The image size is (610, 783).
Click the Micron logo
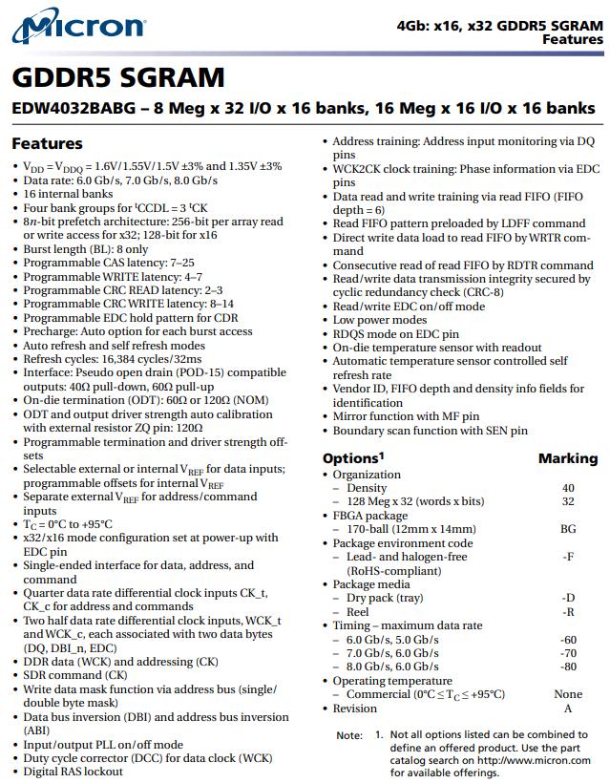[78, 31]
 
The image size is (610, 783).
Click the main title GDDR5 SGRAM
[118, 77]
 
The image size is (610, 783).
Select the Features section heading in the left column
[47, 143]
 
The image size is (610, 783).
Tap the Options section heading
[353, 457]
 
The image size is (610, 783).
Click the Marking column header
[567, 458]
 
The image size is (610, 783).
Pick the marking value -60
[568, 640]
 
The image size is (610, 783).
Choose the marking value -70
[568, 653]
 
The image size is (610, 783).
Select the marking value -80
[568, 667]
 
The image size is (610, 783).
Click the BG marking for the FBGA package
[568, 529]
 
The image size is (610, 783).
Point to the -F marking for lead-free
[568, 557]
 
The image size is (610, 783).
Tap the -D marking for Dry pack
[568, 599]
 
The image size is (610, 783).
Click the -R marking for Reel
[568, 612]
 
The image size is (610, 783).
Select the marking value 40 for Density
[568, 488]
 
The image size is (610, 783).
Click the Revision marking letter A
[568, 709]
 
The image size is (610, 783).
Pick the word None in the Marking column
[568, 694]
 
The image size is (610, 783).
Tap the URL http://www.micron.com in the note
[534, 760]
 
